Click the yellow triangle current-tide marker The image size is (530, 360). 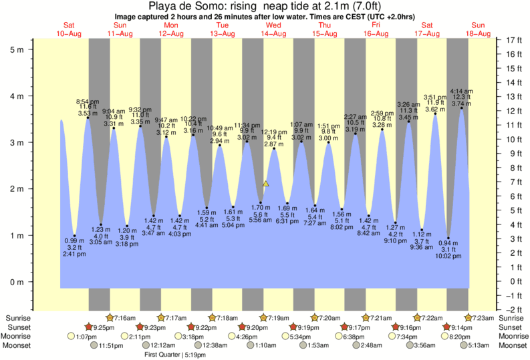tap(266, 183)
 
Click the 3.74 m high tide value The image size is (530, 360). tap(461, 104)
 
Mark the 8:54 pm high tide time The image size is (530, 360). tap(87, 100)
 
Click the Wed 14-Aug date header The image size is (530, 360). tap(273, 29)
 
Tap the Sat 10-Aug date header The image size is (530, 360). tap(70, 29)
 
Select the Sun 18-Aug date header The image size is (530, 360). tap(478, 29)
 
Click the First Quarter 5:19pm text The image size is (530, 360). tap(175, 355)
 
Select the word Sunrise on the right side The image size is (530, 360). tap(513, 317)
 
